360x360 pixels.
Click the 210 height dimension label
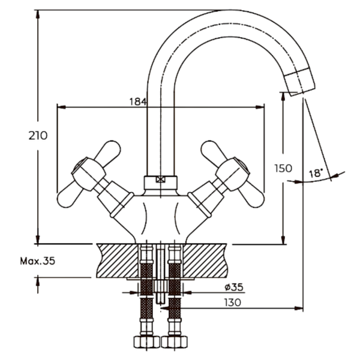point(38,136)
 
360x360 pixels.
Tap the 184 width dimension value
point(137,101)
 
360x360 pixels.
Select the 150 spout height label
point(283,169)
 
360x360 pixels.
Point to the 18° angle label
point(316,173)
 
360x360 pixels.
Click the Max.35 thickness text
point(38,261)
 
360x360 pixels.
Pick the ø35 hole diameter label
point(234,287)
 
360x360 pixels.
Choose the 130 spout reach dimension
point(233,302)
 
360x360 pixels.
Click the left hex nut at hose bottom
point(147,342)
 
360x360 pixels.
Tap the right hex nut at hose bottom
point(175,342)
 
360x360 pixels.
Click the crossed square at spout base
point(161,179)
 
